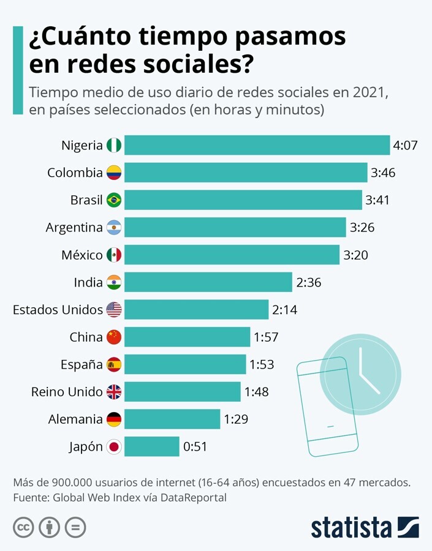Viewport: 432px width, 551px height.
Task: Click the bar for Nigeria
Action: pyautogui.click(x=257, y=145)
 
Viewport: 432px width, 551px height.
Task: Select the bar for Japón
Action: pyautogui.click(x=152, y=446)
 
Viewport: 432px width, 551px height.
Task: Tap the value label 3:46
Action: pyautogui.click(x=383, y=173)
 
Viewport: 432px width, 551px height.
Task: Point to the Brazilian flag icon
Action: pyautogui.click(x=114, y=200)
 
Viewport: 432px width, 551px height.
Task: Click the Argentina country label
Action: pyautogui.click(x=74, y=228)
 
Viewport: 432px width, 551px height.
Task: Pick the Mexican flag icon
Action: pyautogui.click(x=114, y=255)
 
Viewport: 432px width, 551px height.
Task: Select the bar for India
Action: pyautogui.click(x=208, y=282)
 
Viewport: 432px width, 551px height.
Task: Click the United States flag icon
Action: pyautogui.click(x=114, y=310)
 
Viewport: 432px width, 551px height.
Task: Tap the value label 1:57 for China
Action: pyautogui.click(x=267, y=337)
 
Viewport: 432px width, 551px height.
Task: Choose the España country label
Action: pyautogui.click(x=81, y=365)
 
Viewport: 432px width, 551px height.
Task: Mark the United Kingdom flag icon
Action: pyautogui.click(x=114, y=392)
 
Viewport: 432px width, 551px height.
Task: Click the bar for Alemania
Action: pyautogui.click(x=172, y=419)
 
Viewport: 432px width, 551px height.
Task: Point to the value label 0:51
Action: pyautogui.click(x=195, y=447)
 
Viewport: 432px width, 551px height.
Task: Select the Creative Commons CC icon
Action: pyautogui.click(x=23, y=527)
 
